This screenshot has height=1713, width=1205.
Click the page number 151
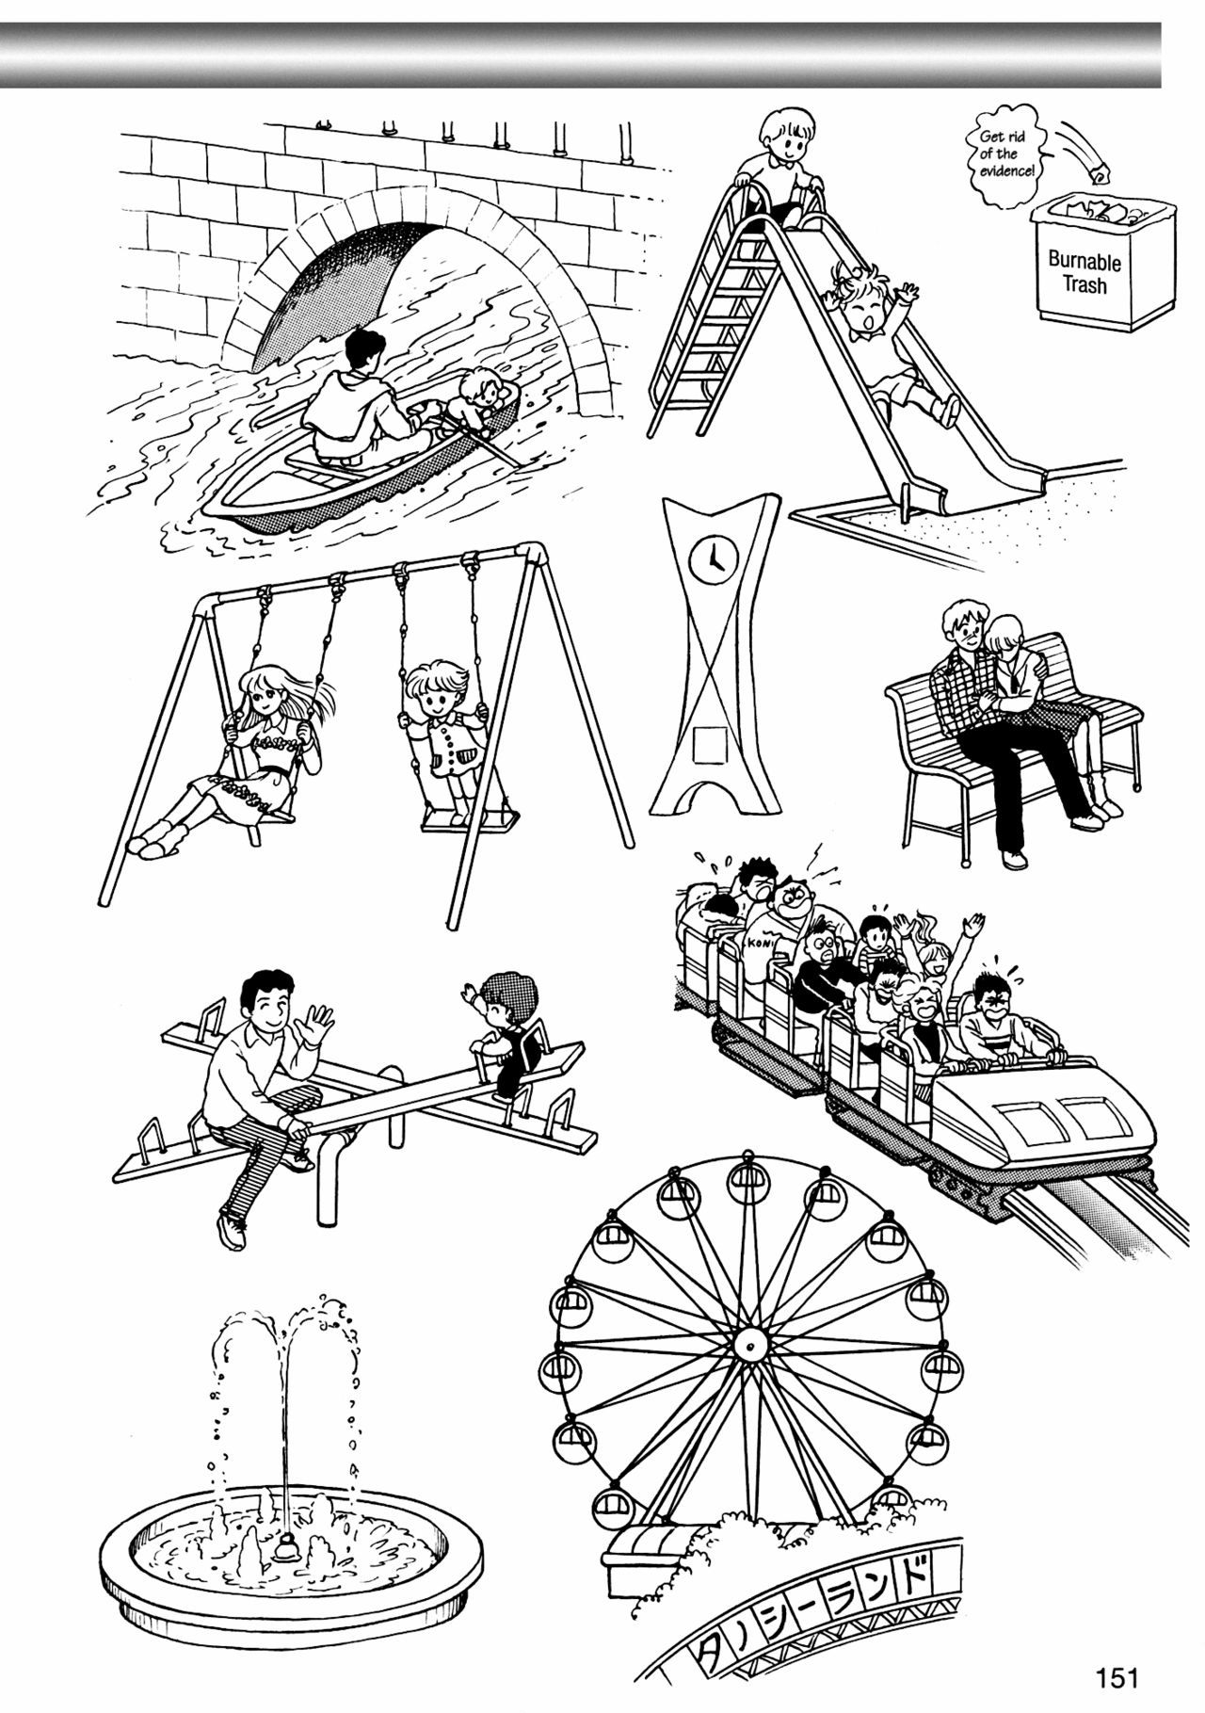point(1117,1677)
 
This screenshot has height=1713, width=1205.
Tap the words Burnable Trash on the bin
point(1084,270)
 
